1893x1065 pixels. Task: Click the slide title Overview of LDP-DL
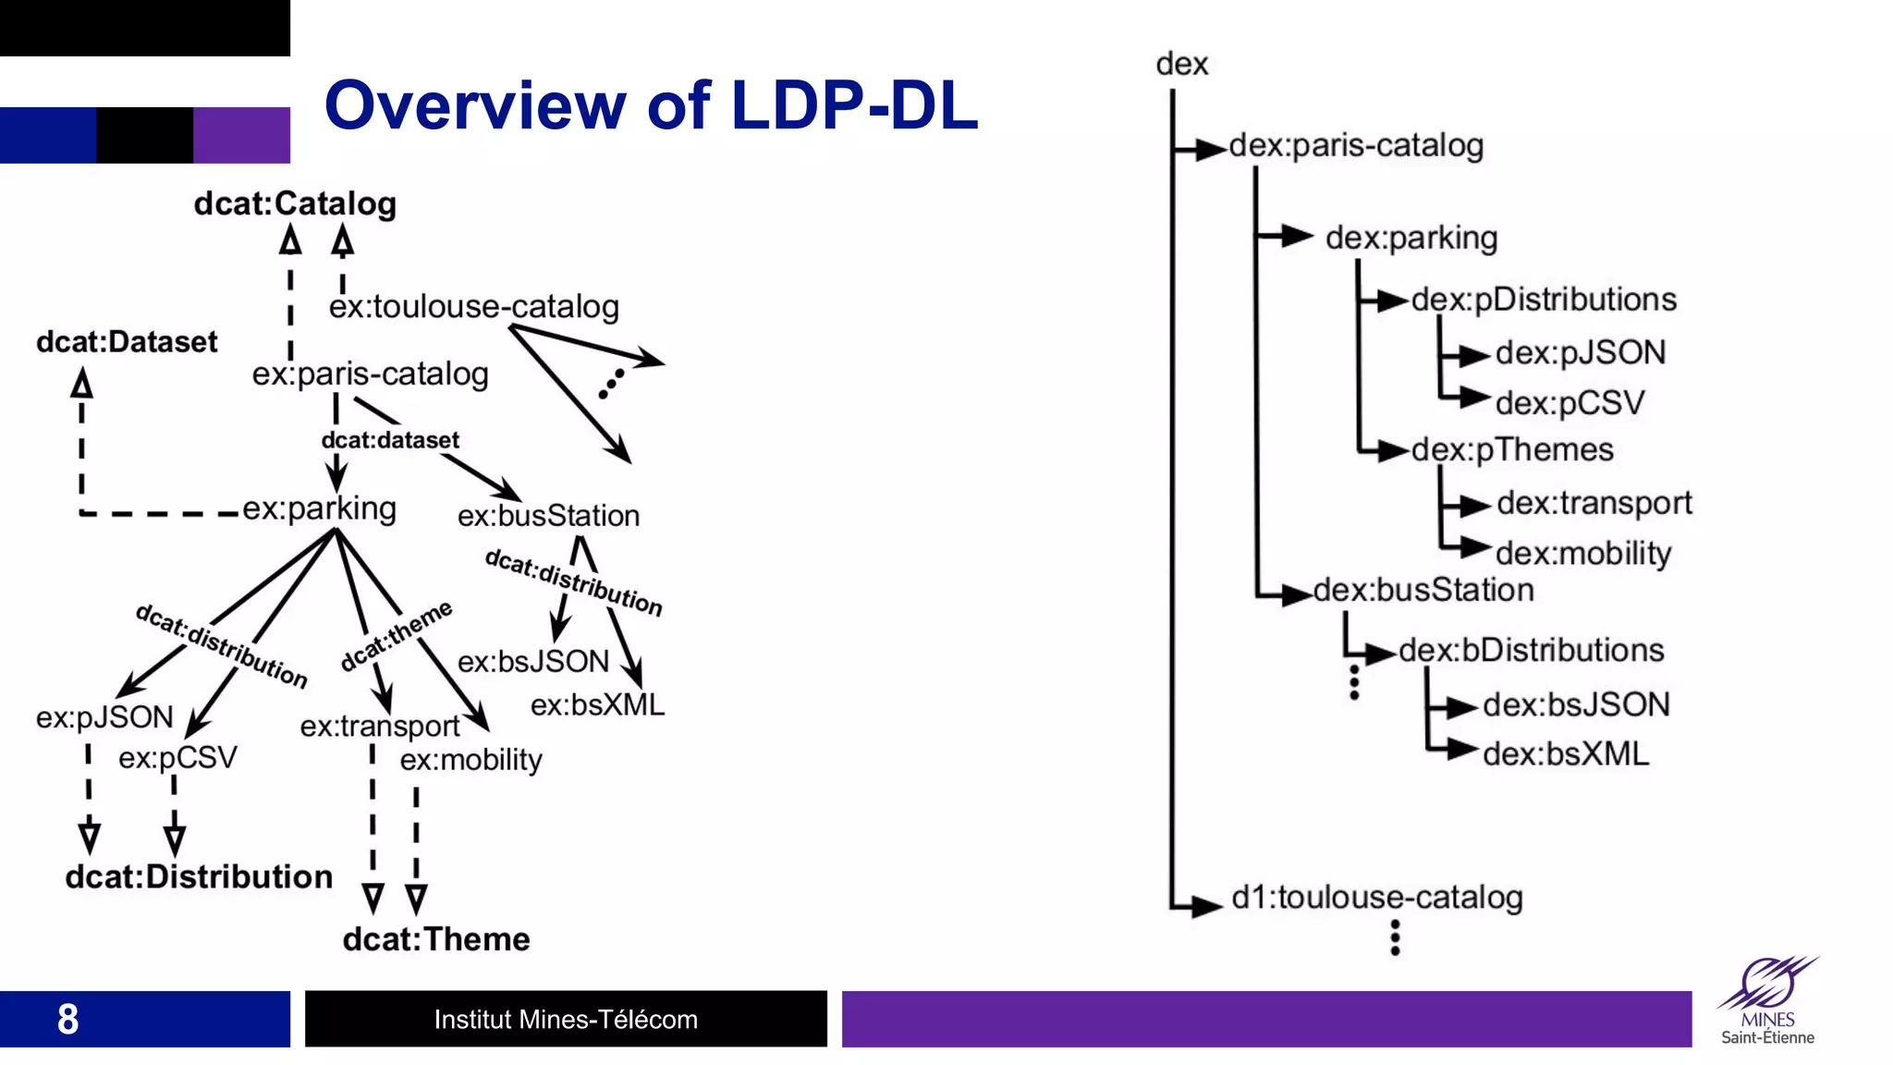tap(651, 105)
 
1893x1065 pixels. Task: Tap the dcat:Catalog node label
tap(295, 203)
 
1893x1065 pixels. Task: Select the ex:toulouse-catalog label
tap(473, 306)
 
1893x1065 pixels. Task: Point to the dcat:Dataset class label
tap(127, 342)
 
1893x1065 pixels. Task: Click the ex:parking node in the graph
tap(320, 508)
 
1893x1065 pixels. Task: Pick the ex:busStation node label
tap(548, 516)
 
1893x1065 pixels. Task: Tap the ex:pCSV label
tap(177, 758)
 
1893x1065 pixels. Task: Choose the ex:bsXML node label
tap(597, 705)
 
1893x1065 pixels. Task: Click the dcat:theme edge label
tap(397, 635)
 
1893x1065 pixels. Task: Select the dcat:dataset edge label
tap(390, 440)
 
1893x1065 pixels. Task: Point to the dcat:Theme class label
tap(436, 939)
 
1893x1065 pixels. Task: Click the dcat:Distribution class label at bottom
tap(199, 876)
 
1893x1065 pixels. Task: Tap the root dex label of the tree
tap(1181, 64)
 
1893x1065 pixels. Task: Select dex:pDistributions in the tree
tap(1543, 300)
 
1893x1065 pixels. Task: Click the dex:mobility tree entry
tap(1583, 553)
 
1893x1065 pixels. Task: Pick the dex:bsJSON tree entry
tap(1576, 704)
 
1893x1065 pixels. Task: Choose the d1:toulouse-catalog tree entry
tap(1377, 897)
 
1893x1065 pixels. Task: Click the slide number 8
tap(67, 1019)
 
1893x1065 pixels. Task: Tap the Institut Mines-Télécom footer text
tap(566, 1019)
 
